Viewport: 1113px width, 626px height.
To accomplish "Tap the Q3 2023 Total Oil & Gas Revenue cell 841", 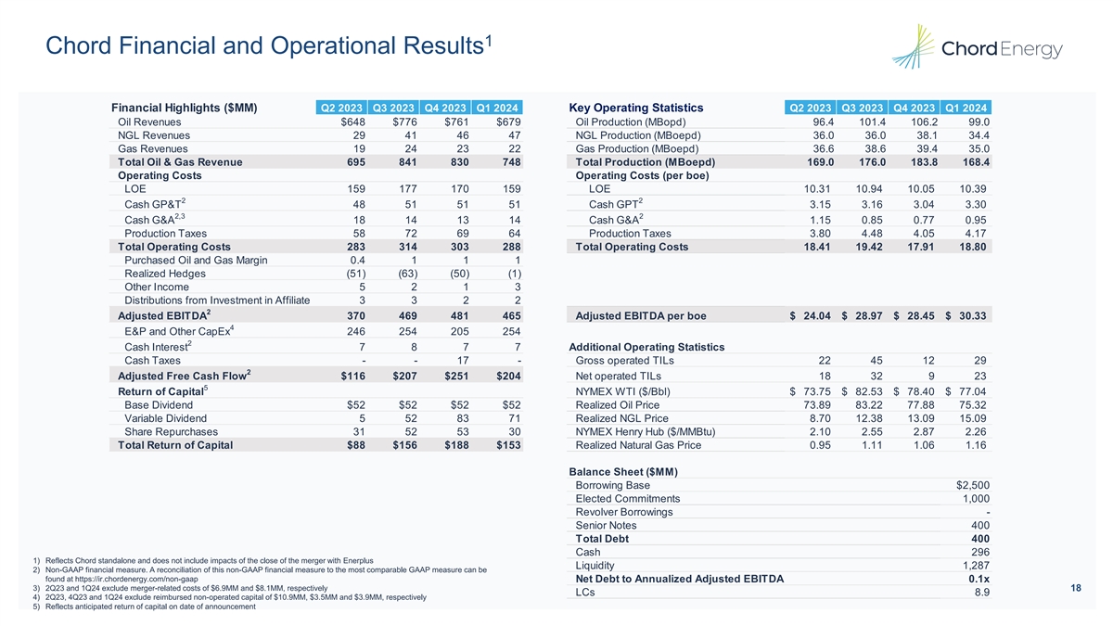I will pos(403,162).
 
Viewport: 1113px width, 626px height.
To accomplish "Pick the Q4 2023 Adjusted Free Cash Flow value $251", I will pos(455,376).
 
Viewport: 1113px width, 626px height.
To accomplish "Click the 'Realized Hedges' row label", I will pos(165,274).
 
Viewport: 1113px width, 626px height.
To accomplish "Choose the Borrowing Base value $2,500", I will pos(973,485).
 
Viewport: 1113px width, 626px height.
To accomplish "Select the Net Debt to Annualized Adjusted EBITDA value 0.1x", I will pos(979,580).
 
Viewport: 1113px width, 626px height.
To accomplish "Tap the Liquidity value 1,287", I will pos(974,566).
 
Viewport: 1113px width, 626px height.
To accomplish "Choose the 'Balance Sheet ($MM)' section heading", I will pos(626,470).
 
